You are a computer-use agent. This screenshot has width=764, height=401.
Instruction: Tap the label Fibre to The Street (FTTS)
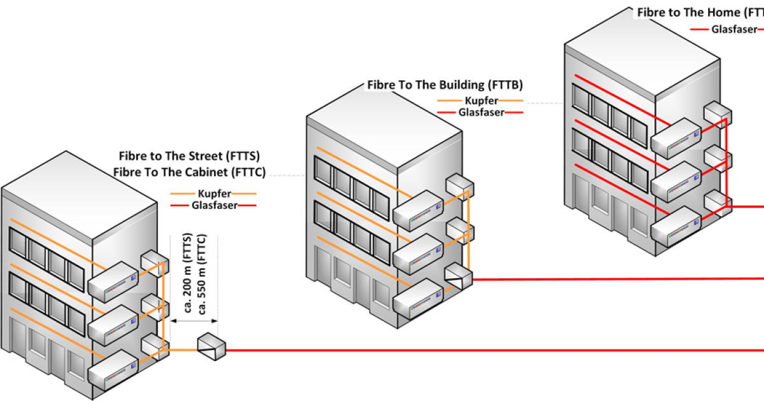(189, 155)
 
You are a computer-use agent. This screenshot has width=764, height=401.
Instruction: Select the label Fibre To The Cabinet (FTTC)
(189, 171)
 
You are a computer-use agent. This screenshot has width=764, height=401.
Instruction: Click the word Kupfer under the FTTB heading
(481, 101)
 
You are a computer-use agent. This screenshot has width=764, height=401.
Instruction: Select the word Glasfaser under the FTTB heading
(481, 112)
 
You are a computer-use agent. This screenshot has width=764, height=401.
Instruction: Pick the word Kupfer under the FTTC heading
(213, 193)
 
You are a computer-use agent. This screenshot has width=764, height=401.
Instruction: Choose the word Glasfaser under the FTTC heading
(213, 205)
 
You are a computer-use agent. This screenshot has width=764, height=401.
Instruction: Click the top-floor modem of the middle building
(418, 210)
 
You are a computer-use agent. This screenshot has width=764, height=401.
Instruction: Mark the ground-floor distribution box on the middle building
(458, 276)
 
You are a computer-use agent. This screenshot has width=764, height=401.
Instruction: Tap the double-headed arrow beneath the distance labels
(194, 321)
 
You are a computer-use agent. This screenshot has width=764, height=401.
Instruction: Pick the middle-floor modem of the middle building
(418, 253)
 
